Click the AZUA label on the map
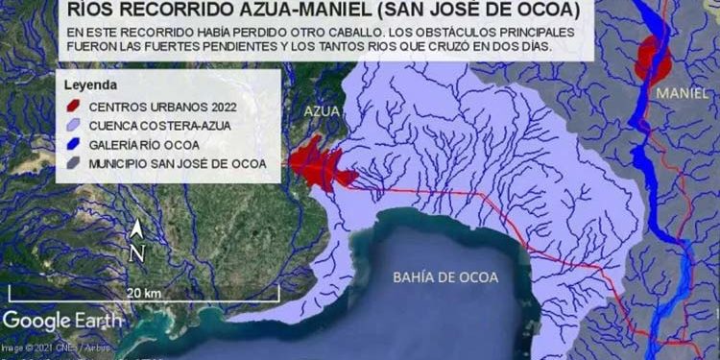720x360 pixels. tap(319, 110)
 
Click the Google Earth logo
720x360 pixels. tap(61, 320)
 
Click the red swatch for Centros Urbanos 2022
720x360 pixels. tap(72, 107)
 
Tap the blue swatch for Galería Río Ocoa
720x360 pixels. tap(72, 145)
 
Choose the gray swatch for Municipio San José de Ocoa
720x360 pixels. tap(72, 164)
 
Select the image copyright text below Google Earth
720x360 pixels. tap(56, 348)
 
